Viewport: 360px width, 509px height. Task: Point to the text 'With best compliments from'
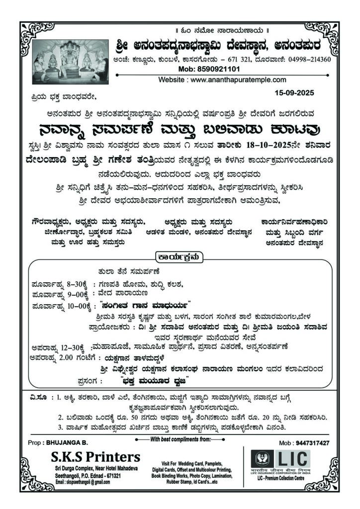point(180,439)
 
